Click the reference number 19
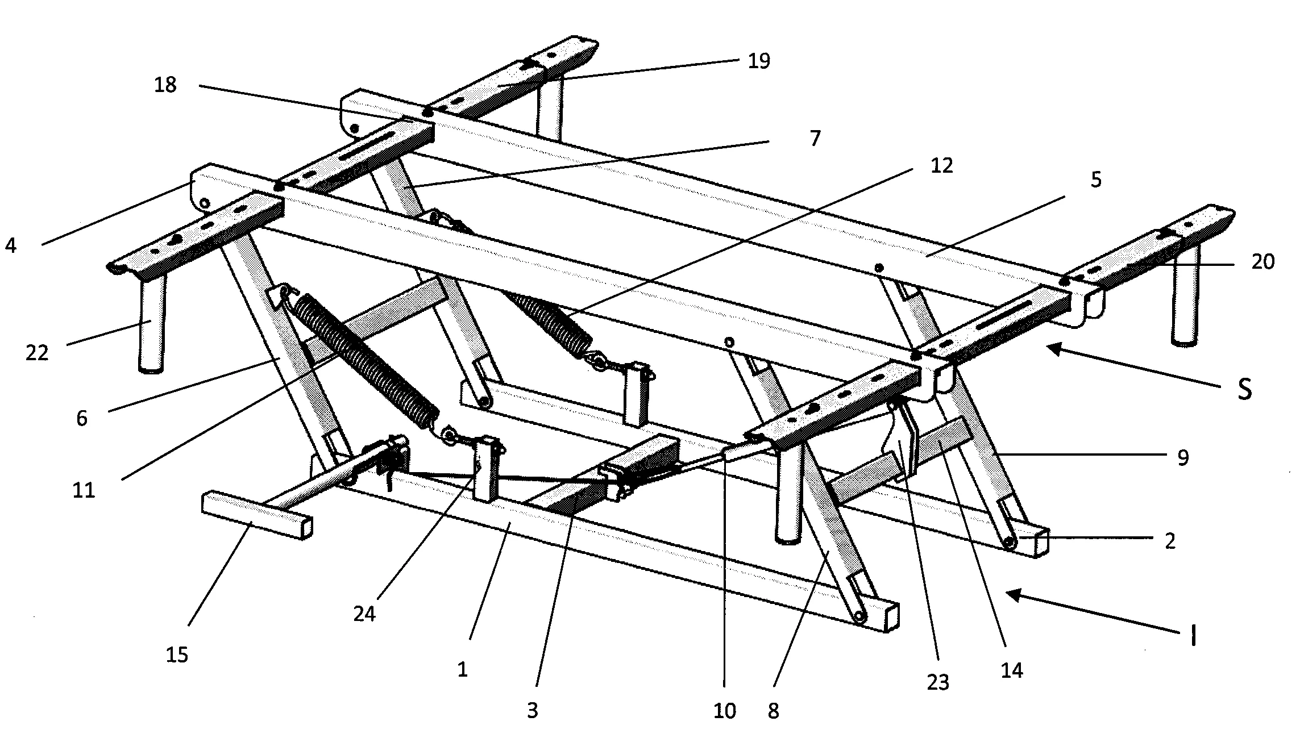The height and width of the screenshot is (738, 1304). tap(758, 61)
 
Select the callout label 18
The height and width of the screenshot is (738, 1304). tap(165, 86)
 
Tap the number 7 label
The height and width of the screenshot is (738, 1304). tap(815, 138)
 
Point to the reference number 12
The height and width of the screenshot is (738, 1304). tap(941, 166)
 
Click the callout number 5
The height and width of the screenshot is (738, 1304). tap(1096, 180)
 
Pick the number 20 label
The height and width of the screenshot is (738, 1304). tap(1263, 262)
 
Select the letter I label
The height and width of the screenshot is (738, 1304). tap(1194, 637)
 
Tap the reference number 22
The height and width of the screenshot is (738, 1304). tap(38, 353)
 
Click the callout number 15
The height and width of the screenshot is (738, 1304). tap(177, 655)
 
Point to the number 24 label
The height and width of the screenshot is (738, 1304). tap(364, 614)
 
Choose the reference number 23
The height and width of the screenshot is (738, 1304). tap(937, 682)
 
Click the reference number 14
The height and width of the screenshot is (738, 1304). tap(1012, 671)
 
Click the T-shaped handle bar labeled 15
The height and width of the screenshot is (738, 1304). tap(256, 514)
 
